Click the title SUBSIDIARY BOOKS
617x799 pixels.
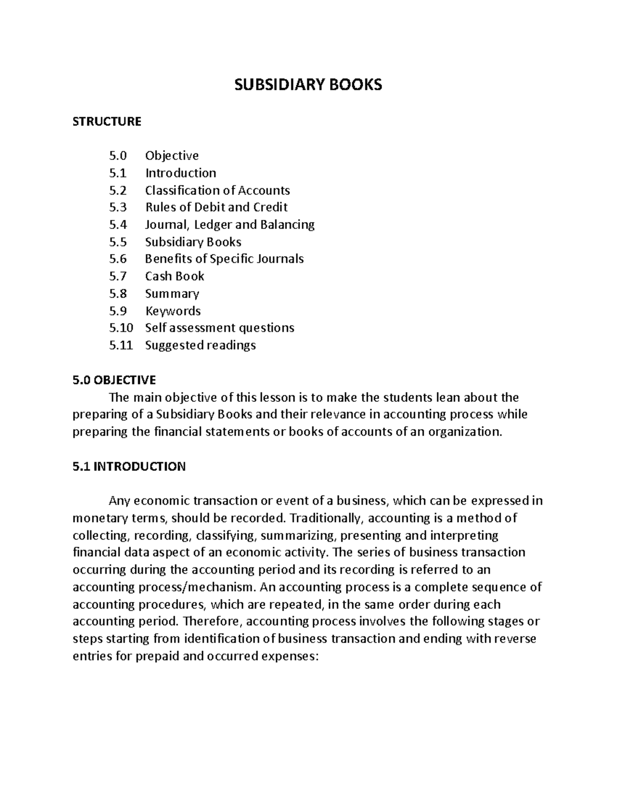308,85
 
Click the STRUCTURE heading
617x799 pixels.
106,121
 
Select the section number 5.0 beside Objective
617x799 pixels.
118,155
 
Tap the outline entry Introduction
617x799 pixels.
180,173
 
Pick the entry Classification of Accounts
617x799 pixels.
217,190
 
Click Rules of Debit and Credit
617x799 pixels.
216,207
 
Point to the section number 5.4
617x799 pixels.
118,225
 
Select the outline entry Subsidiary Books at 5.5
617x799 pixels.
193,242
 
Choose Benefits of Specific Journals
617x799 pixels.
224,259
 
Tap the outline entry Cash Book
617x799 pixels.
174,276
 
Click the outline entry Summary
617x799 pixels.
172,294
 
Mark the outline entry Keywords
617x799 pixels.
173,311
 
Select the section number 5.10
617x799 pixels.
121,328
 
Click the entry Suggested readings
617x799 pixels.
200,345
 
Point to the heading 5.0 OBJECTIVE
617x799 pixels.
114,380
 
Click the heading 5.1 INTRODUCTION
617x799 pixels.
129,467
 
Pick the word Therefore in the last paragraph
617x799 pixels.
212,622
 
